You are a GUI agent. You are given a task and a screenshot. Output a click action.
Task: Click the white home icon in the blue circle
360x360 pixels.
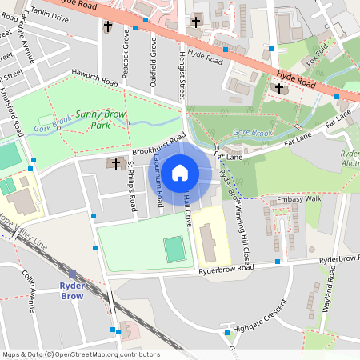click(x=180, y=173)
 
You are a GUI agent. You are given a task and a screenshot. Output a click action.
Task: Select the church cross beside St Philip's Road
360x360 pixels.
click(x=115, y=163)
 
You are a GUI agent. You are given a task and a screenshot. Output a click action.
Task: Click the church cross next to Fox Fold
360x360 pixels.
click(x=280, y=89)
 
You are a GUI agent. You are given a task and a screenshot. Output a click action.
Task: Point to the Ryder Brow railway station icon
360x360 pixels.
click(x=72, y=274)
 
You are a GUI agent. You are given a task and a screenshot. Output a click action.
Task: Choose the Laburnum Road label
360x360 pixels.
click(x=158, y=182)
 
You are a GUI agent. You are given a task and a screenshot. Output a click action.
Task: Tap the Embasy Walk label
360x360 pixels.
click(x=298, y=198)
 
